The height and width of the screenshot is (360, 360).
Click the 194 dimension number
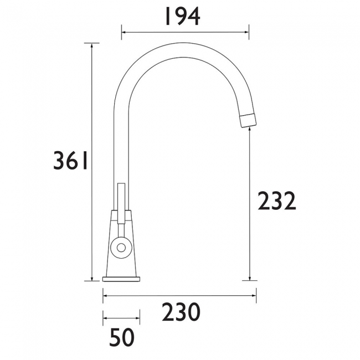point(183,17)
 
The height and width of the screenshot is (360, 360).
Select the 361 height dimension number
point(70,160)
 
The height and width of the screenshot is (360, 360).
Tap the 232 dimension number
point(277,200)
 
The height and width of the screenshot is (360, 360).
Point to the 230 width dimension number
point(181,312)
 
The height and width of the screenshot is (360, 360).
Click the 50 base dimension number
point(122,337)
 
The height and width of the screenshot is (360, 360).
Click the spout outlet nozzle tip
point(248,120)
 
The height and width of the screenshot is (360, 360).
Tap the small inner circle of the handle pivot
point(121,248)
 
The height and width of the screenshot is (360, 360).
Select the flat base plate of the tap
point(121,279)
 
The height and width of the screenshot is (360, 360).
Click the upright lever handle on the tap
point(121,203)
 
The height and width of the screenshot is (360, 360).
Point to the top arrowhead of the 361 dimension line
point(92,45)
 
